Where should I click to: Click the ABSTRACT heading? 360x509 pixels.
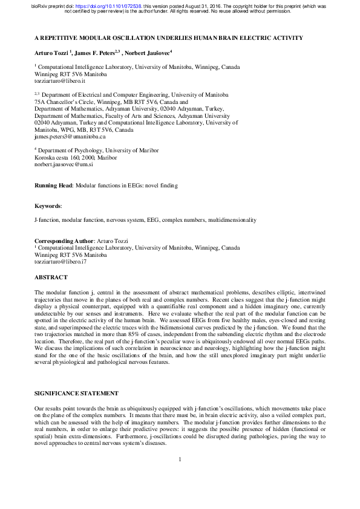pyautogui.click(x=51, y=278)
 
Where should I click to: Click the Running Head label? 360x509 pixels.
pyautogui.click(x=53, y=186)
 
